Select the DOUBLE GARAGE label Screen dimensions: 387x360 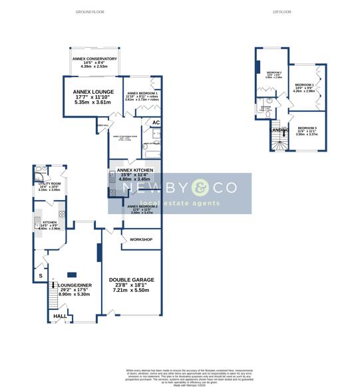(132, 279)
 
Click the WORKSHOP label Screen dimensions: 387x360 (141, 239)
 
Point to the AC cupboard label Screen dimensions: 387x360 (156, 122)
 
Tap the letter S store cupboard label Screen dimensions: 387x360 (40, 275)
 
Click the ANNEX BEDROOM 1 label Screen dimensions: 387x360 (142, 94)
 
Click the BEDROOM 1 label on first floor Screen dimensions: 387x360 (305, 85)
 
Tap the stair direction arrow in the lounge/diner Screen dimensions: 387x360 (53, 286)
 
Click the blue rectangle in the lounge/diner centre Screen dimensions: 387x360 (71, 275)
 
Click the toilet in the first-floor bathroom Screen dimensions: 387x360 (267, 114)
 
